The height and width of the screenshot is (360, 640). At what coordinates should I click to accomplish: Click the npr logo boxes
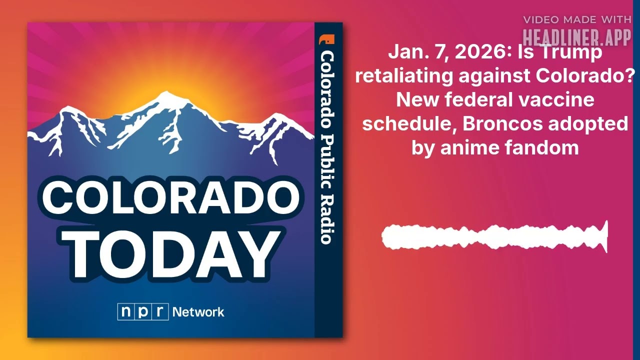click(143, 312)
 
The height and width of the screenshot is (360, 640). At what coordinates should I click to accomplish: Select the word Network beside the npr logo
click(198, 312)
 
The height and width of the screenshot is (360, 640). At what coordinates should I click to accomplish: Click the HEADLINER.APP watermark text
click(576, 36)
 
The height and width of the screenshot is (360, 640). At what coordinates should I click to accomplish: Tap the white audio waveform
click(494, 236)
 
